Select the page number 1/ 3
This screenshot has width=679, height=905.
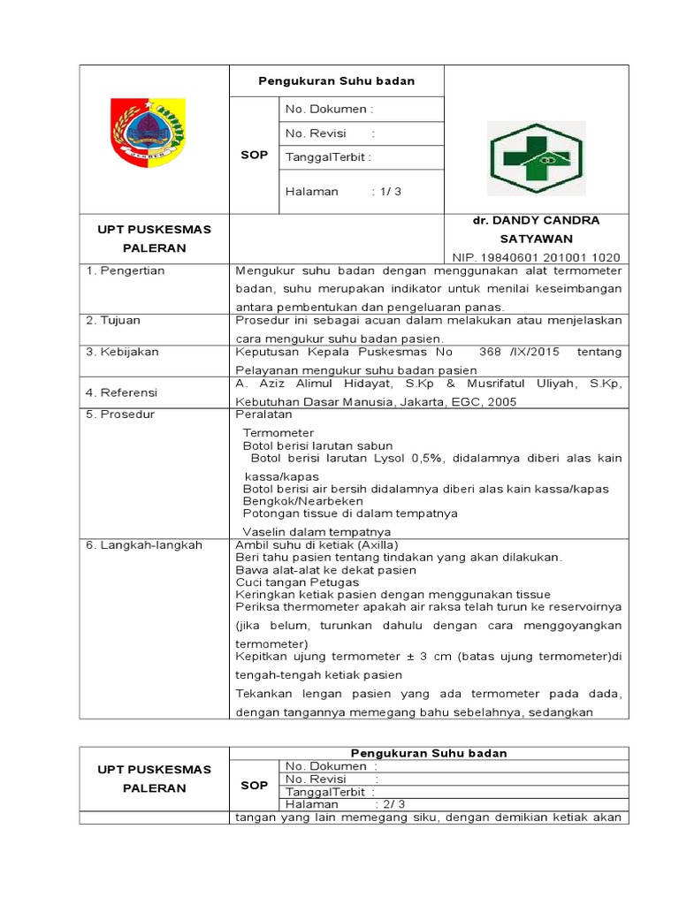click(x=387, y=191)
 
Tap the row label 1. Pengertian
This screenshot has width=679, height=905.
click(x=126, y=270)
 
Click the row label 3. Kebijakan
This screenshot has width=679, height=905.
click(x=122, y=352)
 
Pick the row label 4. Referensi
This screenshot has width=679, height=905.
click(x=121, y=392)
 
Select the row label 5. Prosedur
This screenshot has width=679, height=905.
click(x=119, y=414)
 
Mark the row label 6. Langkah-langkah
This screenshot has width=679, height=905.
click(x=144, y=545)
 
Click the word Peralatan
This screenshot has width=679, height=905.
click(x=263, y=414)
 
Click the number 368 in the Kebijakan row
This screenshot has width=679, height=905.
click(x=490, y=352)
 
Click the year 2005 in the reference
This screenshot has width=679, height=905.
click(x=501, y=401)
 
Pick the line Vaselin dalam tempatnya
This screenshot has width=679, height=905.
click(x=304, y=532)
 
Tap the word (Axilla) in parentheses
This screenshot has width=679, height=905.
click(x=372, y=545)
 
